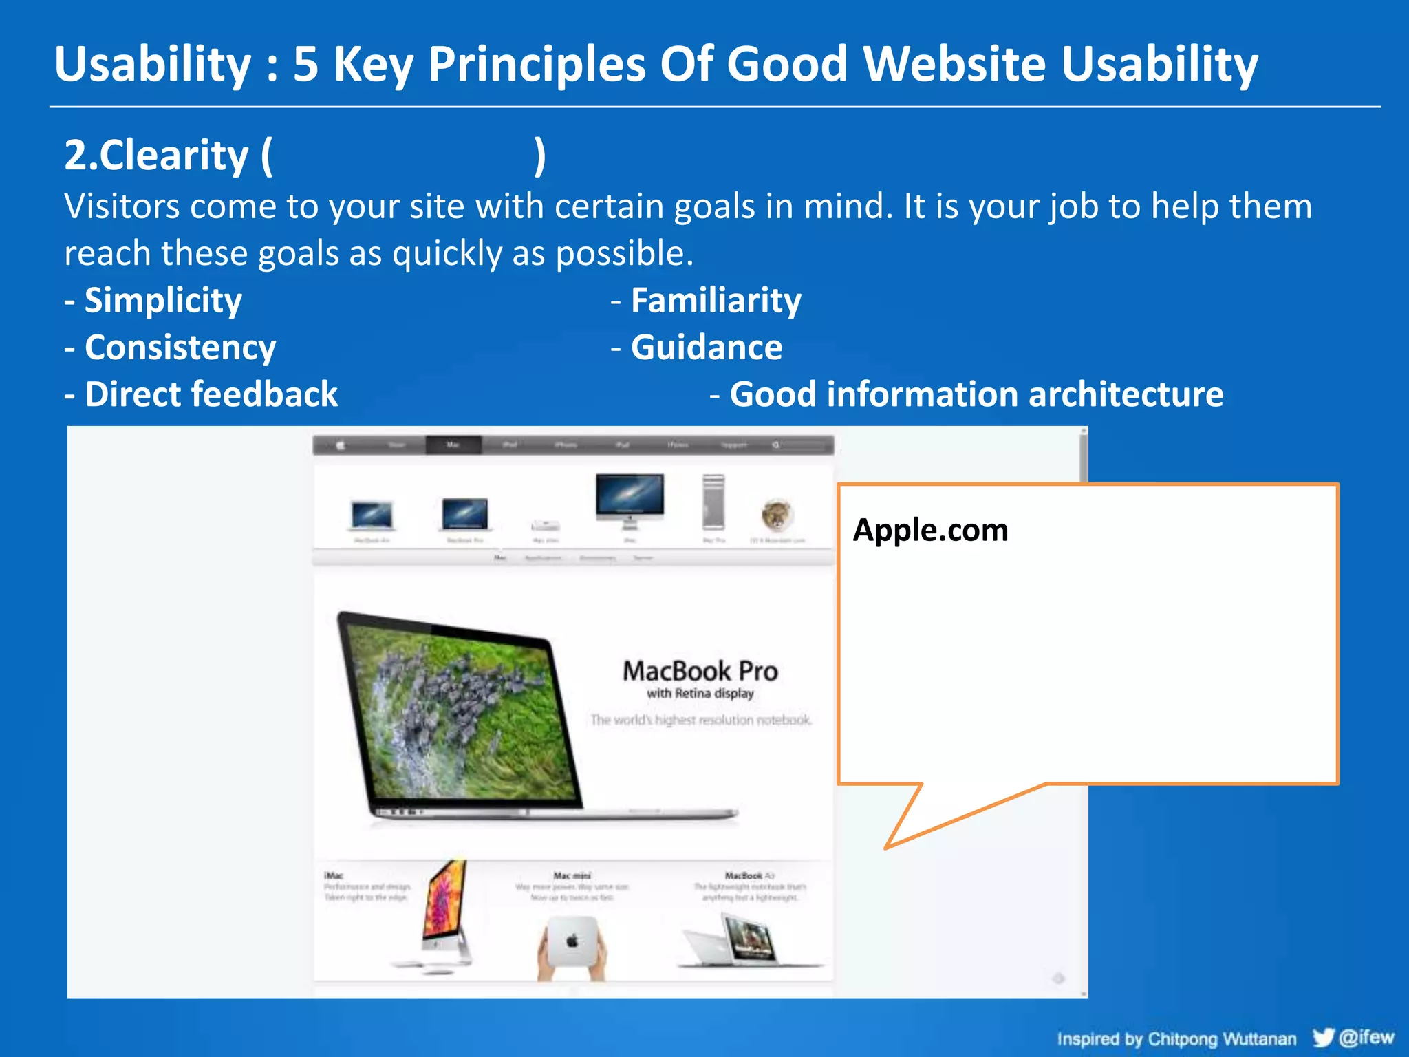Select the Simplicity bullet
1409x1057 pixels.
pos(162,301)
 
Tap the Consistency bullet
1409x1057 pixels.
pos(180,348)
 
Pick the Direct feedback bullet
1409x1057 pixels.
pos(211,395)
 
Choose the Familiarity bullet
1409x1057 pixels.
pos(716,301)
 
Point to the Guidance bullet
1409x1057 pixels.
pos(706,348)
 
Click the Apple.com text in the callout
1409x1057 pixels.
pos(930,530)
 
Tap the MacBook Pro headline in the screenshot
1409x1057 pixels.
pos(700,671)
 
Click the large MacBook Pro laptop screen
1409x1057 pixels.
pos(458,716)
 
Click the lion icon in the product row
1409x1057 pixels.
pos(777,515)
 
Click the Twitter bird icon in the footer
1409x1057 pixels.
pos(1322,1038)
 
